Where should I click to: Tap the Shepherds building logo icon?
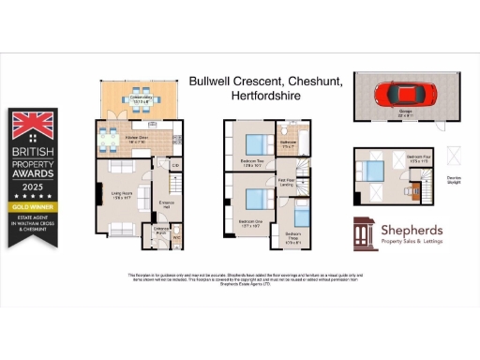366,233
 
